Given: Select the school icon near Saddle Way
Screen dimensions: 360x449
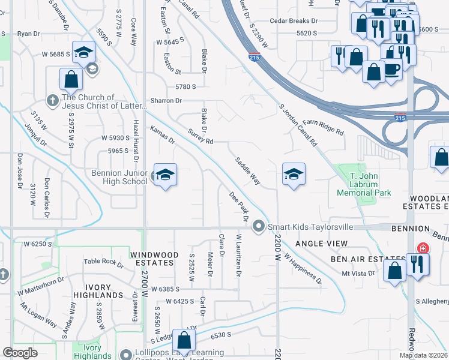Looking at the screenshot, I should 294,175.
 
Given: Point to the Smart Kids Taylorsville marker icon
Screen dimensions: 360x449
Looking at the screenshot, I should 259,226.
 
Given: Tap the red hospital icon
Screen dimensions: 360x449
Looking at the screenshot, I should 423,248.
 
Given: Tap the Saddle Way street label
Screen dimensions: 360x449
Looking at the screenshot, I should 247,171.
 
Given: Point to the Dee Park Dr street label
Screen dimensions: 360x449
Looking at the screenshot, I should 239,205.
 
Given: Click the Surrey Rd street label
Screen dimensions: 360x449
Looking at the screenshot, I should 200,137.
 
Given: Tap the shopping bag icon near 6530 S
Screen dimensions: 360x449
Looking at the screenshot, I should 184,340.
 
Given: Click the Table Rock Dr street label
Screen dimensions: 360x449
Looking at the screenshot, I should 103,262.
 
